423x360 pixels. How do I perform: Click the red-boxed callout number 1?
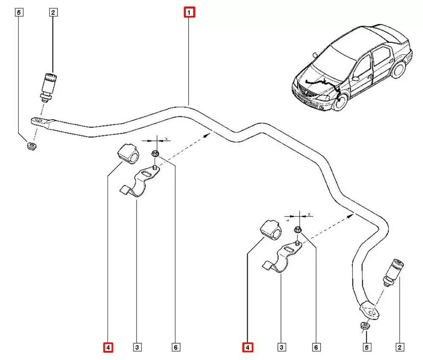[x=189, y=12]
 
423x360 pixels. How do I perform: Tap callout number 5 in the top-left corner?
[x=19, y=12]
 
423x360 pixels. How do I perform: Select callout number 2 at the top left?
[x=53, y=12]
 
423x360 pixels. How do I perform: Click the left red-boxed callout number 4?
[x=108, y=348]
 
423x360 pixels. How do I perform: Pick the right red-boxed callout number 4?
[x=247, y=348]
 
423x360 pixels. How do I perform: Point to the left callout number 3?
[x=137, y=348]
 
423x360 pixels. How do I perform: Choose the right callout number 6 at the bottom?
[x=316, y=348]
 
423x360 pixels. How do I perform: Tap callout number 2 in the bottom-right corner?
[x=399, y=348]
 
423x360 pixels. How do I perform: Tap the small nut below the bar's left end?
[x=31, y=146]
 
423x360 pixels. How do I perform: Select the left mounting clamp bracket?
[x=137, y=184]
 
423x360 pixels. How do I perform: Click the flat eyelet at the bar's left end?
[x=41, y=122]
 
